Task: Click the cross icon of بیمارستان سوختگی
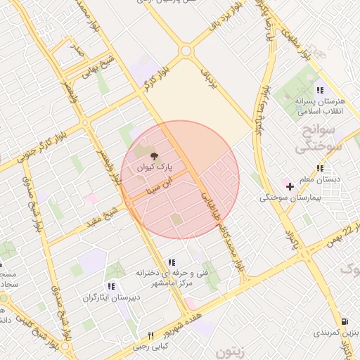point(290,186)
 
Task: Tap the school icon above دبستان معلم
point(320,168)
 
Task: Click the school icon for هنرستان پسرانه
point(320,90)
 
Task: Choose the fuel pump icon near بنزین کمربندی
point(344,319)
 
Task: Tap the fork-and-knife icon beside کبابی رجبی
point(150,336)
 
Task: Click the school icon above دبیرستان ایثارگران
point(111,286)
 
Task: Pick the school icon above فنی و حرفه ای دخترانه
point(172,263)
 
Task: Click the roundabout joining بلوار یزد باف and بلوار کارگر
point(186,51)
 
